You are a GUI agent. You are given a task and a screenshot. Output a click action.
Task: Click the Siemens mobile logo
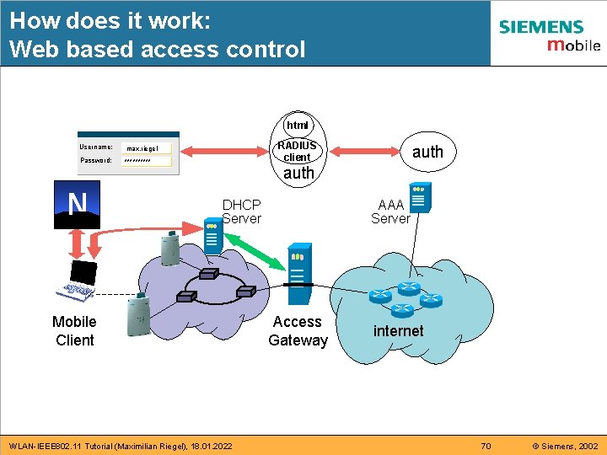(x=548, y=35)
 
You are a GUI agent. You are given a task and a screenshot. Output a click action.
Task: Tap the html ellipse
(x=297, y=125)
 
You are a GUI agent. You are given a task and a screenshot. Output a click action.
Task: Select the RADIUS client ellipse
(x=297, y=151)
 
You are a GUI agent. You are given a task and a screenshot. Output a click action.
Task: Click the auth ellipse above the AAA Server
(x=427, y=152)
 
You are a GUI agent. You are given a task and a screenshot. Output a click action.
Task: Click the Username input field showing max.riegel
(x=147, y=148)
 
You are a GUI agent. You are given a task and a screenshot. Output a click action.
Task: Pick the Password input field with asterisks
(x=147, y=160)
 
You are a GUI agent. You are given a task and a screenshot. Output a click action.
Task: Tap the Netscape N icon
(x=78, y=205)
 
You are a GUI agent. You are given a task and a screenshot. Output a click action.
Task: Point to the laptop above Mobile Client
(x=79, y=277)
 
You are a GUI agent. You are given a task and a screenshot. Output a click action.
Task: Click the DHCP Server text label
(x=241, y=211)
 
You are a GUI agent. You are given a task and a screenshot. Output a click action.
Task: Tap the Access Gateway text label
(x=298, y=331)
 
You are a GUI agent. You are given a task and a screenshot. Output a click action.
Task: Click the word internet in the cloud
(x=398, y=331)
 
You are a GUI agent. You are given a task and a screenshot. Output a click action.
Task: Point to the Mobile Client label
(x=74, y=331)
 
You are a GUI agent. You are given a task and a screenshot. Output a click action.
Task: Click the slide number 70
(x=485, y=446)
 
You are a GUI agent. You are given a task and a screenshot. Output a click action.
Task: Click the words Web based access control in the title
(x=158, y=50)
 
